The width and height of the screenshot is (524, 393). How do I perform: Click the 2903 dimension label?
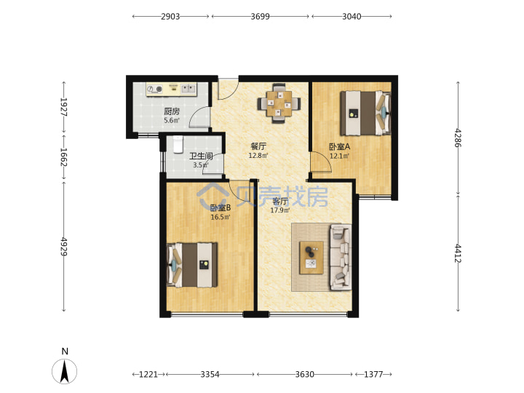click(170, 16)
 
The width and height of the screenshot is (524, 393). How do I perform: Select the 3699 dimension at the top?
click(261, 16)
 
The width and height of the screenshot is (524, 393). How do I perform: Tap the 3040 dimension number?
click(352, 16)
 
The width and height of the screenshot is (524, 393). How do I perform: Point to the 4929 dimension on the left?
click(64, 247)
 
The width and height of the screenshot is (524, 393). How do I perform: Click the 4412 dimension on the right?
click(458, 253)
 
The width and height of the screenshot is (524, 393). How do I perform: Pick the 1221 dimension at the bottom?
click(148, 374)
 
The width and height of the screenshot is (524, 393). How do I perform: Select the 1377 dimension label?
click(373, 374)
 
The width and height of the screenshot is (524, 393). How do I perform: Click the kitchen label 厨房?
click(172, 111)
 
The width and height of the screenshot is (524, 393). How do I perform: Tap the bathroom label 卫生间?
click(201, 156)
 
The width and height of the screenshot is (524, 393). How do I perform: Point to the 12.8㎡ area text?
click(258, 156)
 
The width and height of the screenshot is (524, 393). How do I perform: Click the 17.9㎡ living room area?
click(280, 210)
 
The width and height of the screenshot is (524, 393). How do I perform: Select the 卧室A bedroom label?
click(340, 147)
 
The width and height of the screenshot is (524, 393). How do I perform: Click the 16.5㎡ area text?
click(221, 217)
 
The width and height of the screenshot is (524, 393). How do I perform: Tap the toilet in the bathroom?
click(178, 144)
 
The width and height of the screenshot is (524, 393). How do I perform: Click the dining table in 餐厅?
click(279, 103)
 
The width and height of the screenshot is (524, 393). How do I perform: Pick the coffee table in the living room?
click(311, 258)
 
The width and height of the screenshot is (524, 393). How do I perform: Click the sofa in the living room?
click(341, 258)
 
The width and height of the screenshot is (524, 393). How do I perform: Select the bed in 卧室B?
click(192, 265)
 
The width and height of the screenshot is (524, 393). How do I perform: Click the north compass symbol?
click(64, 371)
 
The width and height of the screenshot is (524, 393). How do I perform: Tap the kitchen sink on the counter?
click(188, 89)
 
